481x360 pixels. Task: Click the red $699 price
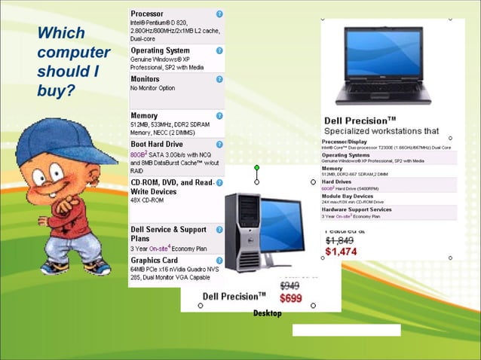tap(290, 298)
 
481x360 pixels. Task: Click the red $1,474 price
tap(341, 252)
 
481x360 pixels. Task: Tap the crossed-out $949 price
tap(290, 286)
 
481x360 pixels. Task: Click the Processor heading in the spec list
tap(146, 14)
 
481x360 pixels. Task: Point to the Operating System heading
tap(160, 50)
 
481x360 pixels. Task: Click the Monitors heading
tap(145, 78)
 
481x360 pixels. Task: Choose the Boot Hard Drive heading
tap(156, 144)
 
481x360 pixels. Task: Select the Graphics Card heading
tap(154, 261)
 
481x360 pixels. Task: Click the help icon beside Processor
tap(219, 14)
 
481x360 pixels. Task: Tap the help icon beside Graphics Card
tap(219, 261)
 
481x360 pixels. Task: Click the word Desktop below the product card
tap(267, 313)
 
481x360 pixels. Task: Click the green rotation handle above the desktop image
tap(256, 168)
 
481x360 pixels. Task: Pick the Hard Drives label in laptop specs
tap(337, 181)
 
